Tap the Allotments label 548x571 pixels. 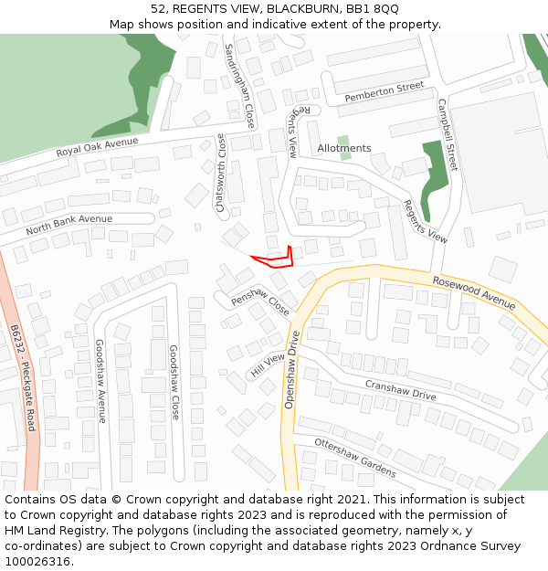click(x=344, y=148)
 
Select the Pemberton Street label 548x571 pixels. click(x=385, y=91)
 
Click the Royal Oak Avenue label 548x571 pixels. click(x=97, y=147)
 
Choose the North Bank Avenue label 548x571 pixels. click(x=69, y=224)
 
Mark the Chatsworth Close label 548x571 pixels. click(x=220, y=173)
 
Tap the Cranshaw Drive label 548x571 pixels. click(x=400, y=390)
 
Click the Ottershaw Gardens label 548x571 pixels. click(x=355, y=457)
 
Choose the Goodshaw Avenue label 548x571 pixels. click(x=101, y=381)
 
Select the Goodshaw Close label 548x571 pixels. click(x=174, y=381)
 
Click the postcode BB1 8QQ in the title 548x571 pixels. click(x=372, y=9)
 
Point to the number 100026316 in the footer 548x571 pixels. click(x=37, y=562)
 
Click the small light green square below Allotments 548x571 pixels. click(x=344, y=166)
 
